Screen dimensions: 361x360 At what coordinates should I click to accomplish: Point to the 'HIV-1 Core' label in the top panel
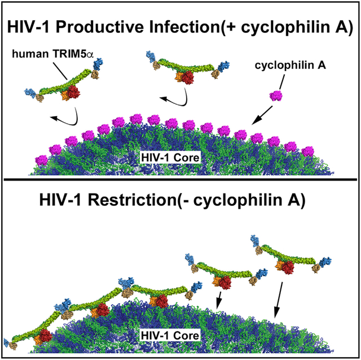coord(171,156)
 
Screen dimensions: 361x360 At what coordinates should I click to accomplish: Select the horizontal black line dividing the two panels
coord(180,180)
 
